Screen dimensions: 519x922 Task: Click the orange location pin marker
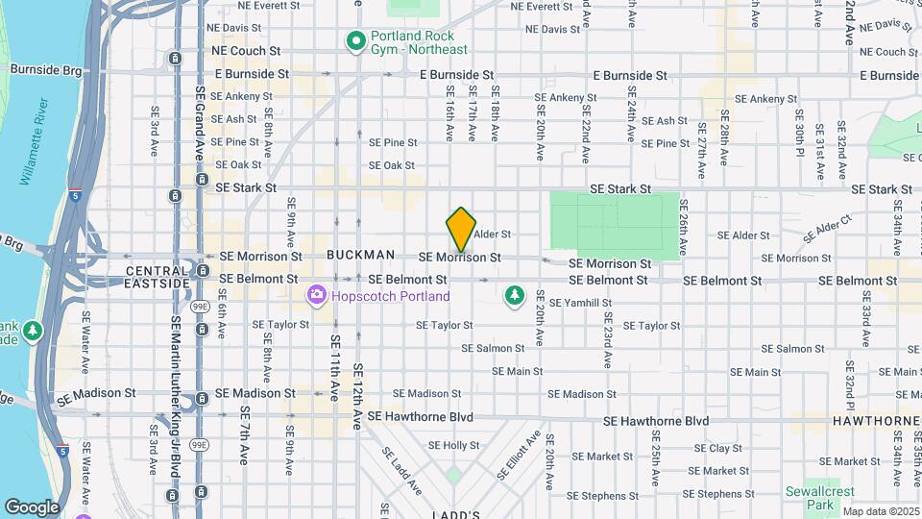[461, 229]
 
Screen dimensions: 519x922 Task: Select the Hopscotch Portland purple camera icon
[317, 296]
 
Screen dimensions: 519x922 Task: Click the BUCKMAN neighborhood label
[360, 255]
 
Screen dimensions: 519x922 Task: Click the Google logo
[31, 507]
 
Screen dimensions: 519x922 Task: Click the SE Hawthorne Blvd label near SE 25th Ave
[656, 421]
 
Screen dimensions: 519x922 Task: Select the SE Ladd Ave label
[401, 470]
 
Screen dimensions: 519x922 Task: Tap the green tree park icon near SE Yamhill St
[515, 295]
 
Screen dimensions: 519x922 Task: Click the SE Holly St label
[453, 446]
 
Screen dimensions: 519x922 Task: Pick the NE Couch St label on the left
[246, 50]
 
